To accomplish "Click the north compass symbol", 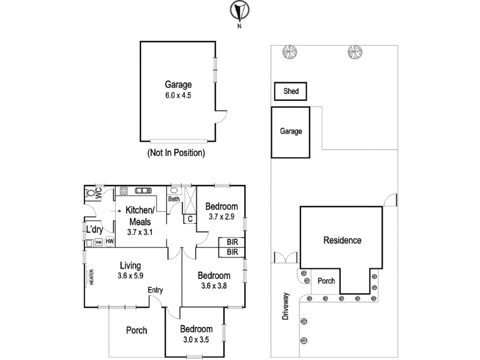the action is (x=239, y=11).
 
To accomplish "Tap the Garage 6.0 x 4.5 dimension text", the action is (x=178, y=95).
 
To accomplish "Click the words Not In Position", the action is (x=176, y=152).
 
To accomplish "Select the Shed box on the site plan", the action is (x=290, y=91).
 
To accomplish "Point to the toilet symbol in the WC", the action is (x=90, y=193).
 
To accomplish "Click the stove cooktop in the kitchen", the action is (x=124, y=191).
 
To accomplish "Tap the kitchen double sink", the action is (x=143, y=191).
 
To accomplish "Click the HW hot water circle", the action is (x=109, y=241).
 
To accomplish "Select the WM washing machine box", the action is (x=98, y=242).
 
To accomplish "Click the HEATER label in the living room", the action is (x=92, y=277).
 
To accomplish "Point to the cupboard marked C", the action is (x=190, y=219).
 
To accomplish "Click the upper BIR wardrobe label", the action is (x=232, y=242).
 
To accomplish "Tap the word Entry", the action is (x=155, y=290).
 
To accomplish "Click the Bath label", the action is (x=174, y=199).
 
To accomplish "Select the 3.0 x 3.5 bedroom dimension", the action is (x=196, y=340).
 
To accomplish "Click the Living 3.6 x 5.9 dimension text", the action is (x=130, y=275).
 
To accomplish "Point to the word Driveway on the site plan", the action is (x=286, y=307).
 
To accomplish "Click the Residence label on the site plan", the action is (x=342, y=241).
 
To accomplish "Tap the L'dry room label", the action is (x=94, y=229).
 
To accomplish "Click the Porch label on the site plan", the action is (x=326, y=281).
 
